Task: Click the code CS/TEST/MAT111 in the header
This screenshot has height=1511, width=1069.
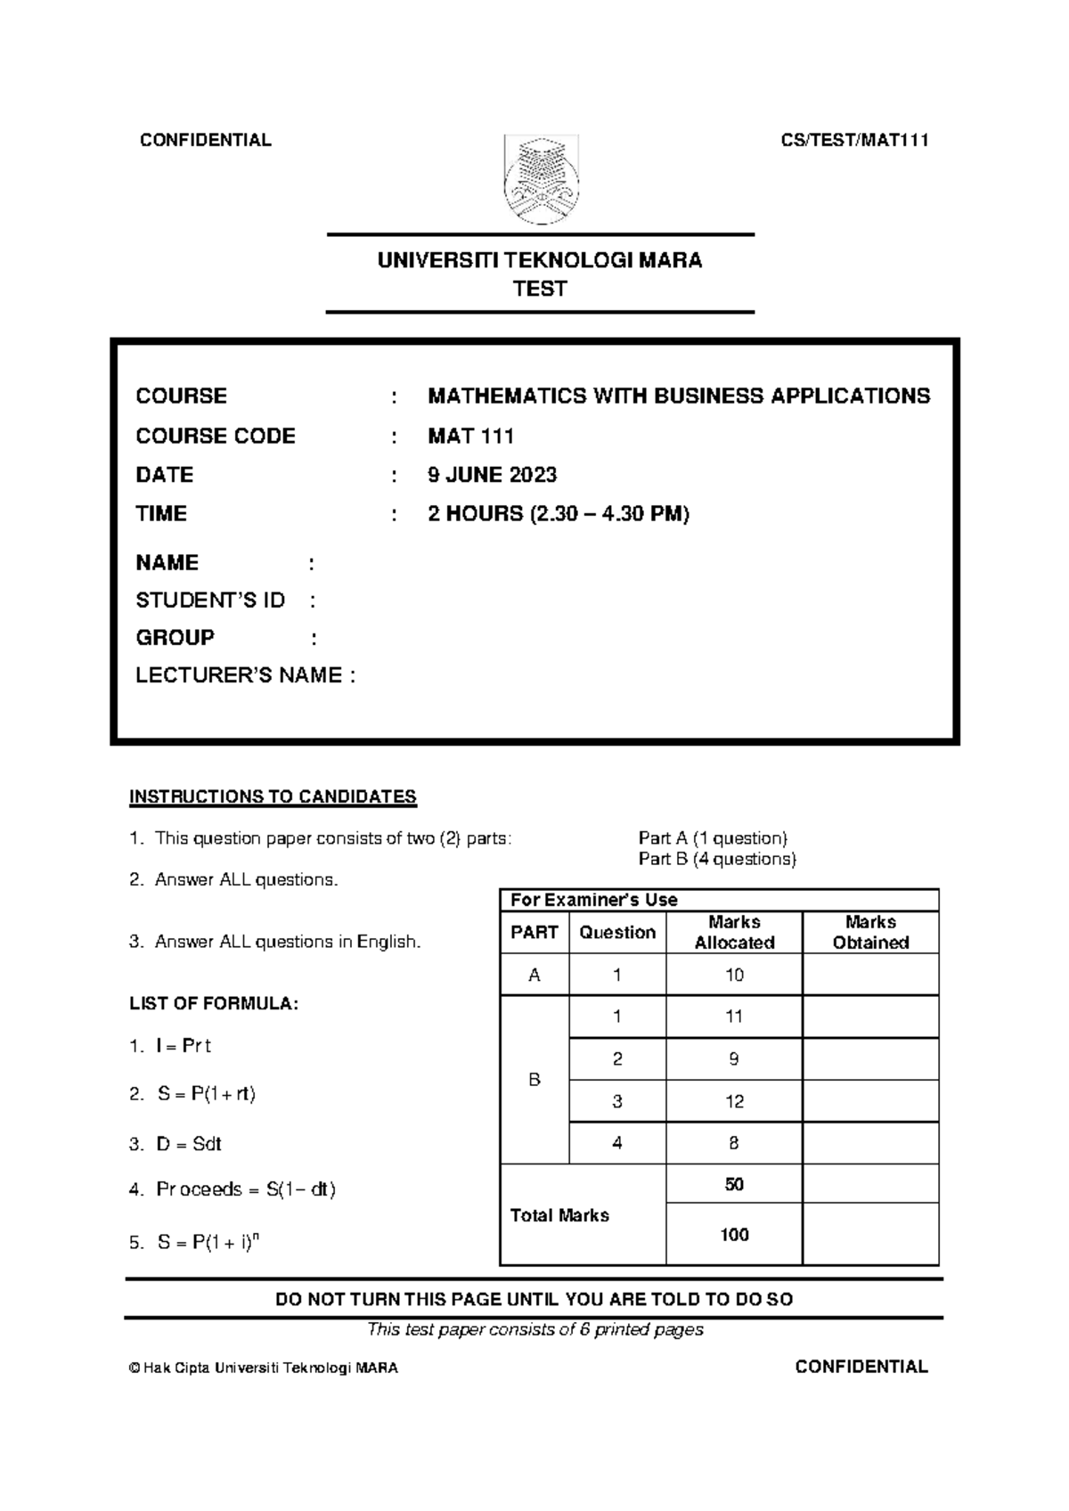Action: tap(854, 140)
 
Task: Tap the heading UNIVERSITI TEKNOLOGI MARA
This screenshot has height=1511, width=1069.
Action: tap(540, 260)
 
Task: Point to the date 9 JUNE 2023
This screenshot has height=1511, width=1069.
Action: tap(492, 475)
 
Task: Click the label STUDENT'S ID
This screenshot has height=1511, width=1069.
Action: tap(210, 600)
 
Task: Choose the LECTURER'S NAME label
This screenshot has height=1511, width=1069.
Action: tap(245, 675)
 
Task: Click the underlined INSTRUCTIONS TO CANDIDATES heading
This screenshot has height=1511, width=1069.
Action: tap(273, 796)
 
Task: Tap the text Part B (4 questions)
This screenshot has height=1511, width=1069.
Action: tap(717, 859)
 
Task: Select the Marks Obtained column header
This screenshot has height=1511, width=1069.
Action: tap(870, 932)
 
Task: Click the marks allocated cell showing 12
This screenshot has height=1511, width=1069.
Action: tap(734, 1101)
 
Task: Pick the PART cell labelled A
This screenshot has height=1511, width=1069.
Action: tap(534, 975)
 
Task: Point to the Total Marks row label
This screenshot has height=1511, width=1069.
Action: tap(559, 1215)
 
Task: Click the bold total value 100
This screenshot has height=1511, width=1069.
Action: tap(734, 1235)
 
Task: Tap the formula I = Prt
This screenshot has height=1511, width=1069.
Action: tap(183, 1046)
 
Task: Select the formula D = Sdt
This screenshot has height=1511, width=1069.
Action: tap(188, 1144)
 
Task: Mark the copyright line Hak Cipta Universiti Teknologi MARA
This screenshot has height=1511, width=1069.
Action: tap(264, 1368)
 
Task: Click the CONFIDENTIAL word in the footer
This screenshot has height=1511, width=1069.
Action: tap(861, 1367)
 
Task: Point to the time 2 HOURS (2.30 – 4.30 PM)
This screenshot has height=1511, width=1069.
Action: tap(559, 514)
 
